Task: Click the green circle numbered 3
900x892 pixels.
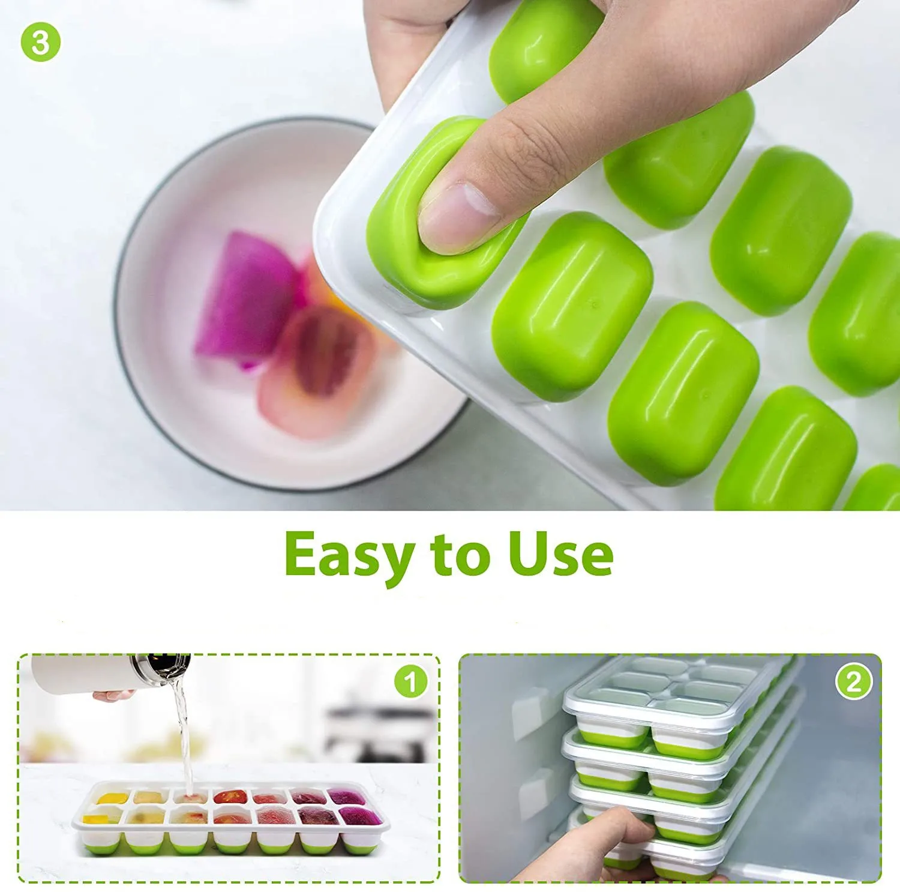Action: [x=41, y=41]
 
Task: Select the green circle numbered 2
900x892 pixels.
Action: [x=853, y=682]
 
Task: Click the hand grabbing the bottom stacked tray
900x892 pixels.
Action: [x=606, y=840]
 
